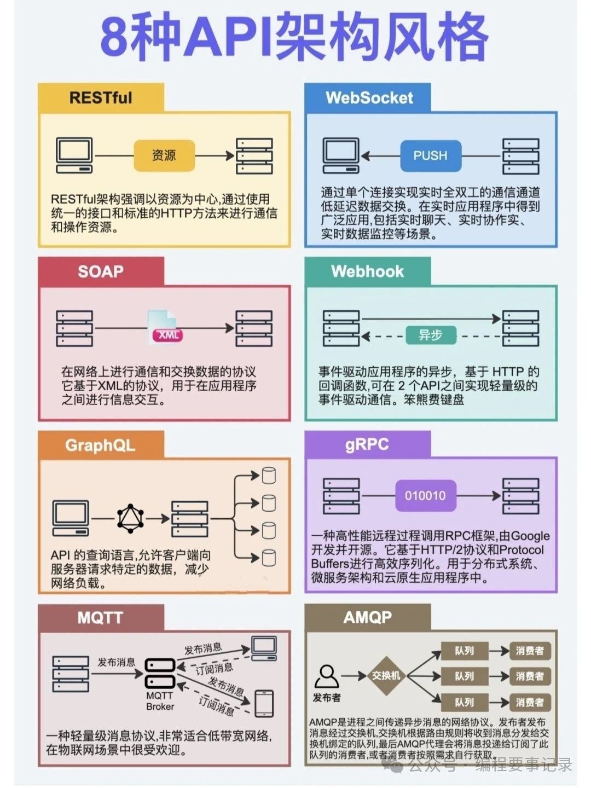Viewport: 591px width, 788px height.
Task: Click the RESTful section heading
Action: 101,98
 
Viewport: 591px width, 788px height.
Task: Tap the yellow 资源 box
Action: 164,155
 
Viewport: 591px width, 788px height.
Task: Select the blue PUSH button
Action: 430,155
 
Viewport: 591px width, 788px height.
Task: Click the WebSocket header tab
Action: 369,98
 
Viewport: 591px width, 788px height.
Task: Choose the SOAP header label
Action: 101,271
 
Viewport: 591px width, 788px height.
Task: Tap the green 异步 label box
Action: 431,335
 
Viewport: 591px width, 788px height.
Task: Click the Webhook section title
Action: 367,271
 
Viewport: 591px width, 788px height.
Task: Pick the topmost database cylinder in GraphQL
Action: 268,476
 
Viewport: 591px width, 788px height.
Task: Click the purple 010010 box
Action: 425,496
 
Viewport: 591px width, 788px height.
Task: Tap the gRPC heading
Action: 367,444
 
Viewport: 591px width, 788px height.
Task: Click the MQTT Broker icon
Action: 160,674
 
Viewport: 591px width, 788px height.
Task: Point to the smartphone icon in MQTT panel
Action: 264,703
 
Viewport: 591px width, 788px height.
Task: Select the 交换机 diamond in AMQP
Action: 386,676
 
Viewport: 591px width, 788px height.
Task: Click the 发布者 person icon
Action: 327,677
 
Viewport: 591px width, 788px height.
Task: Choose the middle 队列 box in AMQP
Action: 464,676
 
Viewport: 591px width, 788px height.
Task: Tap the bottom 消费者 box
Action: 529,702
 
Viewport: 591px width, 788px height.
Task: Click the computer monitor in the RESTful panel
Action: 74,155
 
